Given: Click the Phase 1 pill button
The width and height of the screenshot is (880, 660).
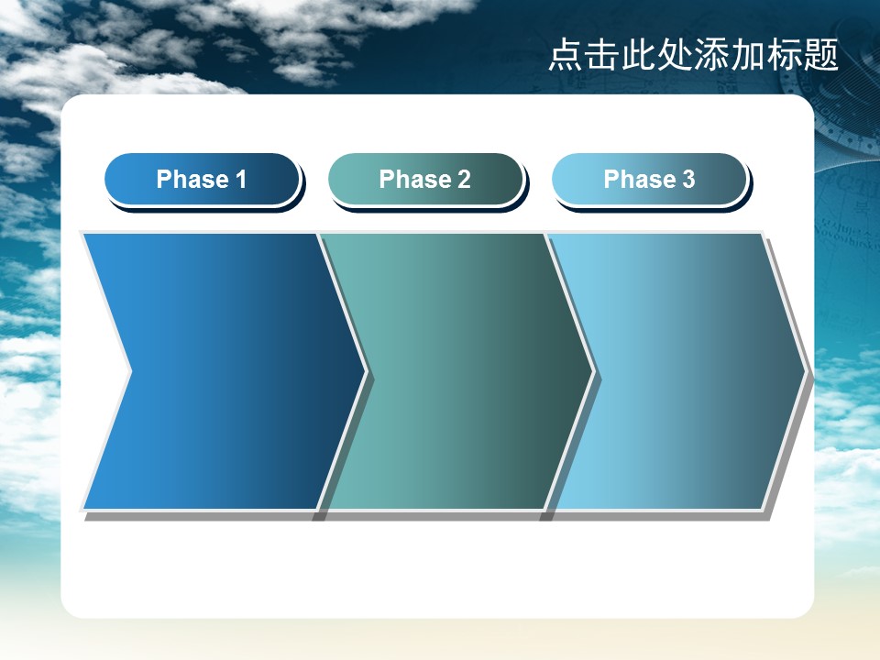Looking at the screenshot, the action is (202, 180).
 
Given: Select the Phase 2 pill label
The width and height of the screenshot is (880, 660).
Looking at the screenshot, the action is (425, 180).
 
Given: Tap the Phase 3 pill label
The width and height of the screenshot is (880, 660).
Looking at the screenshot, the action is (649, 180).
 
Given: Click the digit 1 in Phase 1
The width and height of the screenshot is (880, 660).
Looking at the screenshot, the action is (241, 180).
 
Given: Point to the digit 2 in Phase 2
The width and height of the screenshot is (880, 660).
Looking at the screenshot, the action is (464, 180).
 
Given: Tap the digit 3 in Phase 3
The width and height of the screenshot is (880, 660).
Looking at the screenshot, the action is (688, 180).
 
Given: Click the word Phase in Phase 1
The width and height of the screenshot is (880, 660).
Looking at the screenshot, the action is (192, 180).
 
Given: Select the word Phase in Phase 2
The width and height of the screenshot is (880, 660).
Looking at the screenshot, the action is (415, 180).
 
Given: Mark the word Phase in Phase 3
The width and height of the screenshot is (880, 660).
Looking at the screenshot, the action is (640, 180).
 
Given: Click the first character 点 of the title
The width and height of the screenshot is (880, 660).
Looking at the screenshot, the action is (566, 55).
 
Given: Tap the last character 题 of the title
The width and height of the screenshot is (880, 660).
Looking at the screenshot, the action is (820, 55).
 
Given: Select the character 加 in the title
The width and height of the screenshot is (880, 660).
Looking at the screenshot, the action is (748, 55).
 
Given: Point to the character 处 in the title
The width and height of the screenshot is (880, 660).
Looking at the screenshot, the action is (676, 55).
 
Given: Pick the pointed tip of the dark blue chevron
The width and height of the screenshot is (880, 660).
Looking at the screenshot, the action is (366, 371).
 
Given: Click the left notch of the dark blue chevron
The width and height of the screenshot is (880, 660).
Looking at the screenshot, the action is (131, 371).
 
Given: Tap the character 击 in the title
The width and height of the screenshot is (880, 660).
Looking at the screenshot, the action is (602, 55).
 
